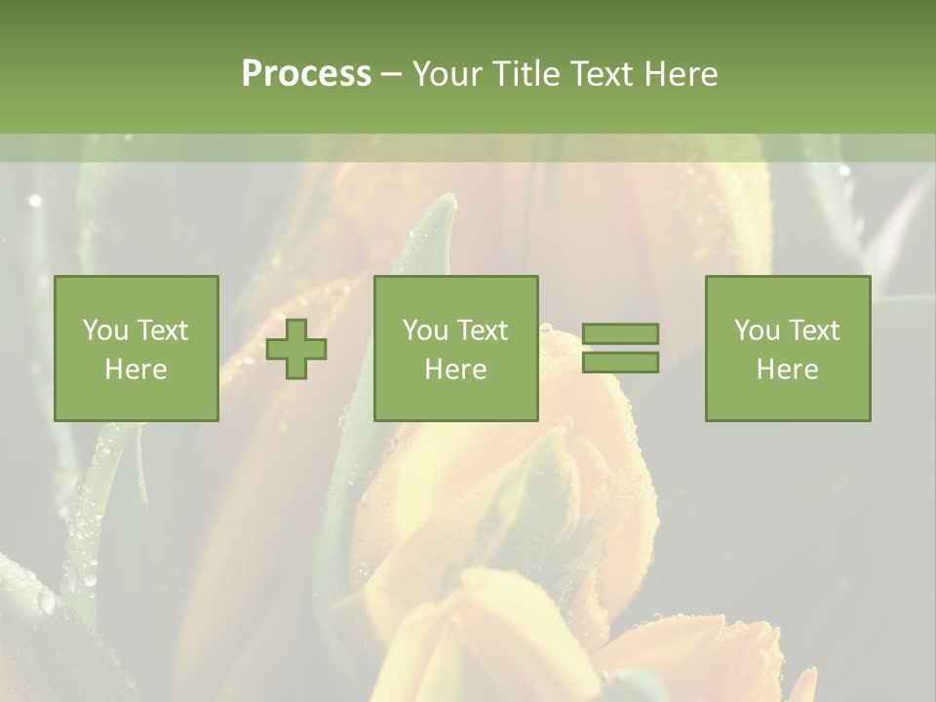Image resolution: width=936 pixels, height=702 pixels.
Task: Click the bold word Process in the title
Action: (306, 74)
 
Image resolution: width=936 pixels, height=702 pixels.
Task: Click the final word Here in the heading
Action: (679, 74)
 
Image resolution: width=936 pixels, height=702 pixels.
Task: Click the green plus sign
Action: (296, 349)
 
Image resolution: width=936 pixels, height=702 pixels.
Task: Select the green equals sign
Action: (620, 348)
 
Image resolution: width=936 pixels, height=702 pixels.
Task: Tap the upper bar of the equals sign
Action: (620, 333)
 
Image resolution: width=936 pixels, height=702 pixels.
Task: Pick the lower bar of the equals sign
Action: (620, 363)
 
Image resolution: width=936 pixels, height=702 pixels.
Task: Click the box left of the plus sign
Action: (136, 348)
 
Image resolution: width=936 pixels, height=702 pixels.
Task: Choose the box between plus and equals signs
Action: (456, 348)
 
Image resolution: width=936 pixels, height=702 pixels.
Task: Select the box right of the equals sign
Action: (788, 348)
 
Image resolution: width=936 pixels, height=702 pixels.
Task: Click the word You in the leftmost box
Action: (105, 331)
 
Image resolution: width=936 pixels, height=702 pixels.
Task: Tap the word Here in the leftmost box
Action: (136, 370)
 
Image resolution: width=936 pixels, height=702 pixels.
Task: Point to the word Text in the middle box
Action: (484, 331)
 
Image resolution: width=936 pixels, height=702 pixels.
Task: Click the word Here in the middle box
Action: (455, 370)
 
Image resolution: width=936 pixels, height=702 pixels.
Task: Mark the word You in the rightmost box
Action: (757, 331)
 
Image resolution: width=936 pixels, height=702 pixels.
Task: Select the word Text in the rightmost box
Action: (815, 331)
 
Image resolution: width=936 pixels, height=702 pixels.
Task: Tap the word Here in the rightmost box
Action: (787, 370)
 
